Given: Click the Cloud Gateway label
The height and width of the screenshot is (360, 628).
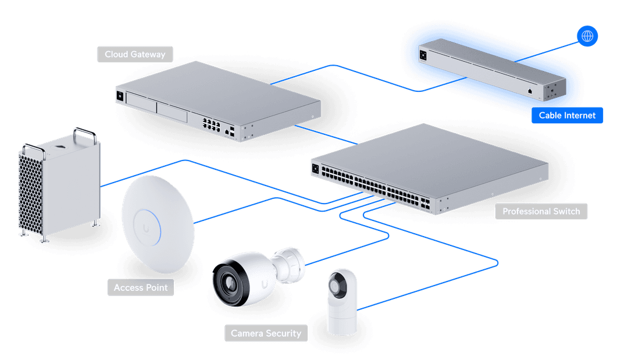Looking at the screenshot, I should [135, 55].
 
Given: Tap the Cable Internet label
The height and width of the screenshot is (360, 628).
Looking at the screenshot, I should [567, 115].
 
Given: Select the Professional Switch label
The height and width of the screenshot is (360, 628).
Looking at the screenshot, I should [541, 211].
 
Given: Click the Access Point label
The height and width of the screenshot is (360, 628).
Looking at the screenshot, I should [141, 287].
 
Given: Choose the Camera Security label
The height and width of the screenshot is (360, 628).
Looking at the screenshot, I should [266, 333].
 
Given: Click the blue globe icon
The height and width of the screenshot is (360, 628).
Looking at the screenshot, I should [587, 37].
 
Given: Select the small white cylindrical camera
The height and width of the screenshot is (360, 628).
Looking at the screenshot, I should [342, 302].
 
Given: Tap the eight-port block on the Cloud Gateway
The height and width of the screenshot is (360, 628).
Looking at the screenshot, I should [210, 124].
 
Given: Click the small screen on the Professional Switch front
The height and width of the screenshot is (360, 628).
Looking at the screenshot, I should [316, 169].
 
